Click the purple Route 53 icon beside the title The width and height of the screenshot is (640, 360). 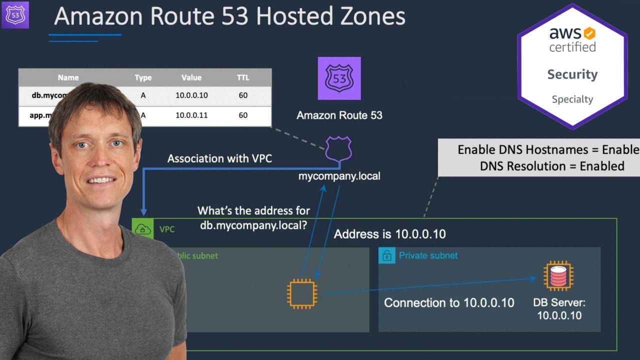(15, 15)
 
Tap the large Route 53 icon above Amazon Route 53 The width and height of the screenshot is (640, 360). (339, 78)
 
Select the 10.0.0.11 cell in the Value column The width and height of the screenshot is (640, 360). (191, 115)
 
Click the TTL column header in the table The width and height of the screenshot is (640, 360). (243, 77)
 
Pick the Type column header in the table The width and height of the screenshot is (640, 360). (143, 77)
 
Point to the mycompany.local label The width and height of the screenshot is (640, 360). (339, 176)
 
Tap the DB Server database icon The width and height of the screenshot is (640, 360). (558, 276)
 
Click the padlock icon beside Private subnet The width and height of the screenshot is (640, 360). (386, 256)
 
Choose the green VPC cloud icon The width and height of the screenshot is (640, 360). (143, 229)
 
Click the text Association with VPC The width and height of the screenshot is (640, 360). (220, 159)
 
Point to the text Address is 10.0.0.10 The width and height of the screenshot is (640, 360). (390, 234)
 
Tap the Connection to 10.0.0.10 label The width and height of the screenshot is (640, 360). (449, 302)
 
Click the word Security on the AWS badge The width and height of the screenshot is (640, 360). (572, 74)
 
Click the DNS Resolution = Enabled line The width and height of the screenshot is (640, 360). (552, 166)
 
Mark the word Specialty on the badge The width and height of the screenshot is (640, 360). (572, 99)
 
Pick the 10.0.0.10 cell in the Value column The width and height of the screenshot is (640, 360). (191, 95)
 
